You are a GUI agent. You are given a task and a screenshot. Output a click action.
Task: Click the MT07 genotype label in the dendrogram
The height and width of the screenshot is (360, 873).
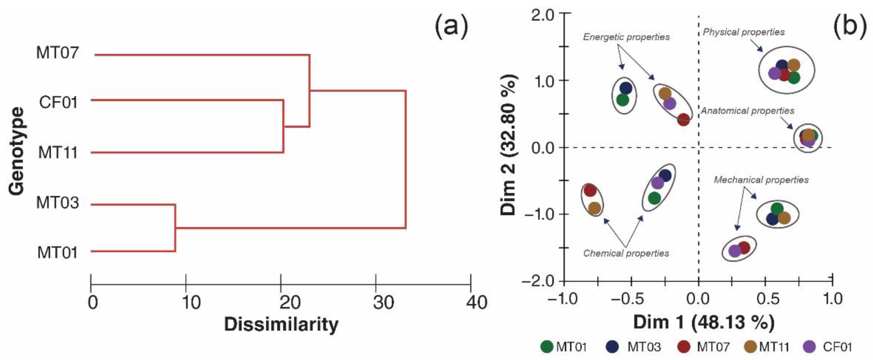click(57, 53)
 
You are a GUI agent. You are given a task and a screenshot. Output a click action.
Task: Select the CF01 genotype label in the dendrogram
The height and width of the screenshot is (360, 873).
click(58, 102)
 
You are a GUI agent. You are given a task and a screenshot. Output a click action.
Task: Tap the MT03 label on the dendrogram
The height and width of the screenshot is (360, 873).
click(57, 203)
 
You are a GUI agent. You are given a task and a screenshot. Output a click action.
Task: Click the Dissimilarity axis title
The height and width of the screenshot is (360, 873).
click(281, 324)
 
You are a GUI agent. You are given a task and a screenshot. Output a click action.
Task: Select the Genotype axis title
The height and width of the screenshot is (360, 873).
click(17, 151)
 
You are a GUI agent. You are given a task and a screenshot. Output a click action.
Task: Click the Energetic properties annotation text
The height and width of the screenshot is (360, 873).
click(626, 37)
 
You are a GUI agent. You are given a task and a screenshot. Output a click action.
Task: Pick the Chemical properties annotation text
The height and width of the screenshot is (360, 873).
click(626, 253)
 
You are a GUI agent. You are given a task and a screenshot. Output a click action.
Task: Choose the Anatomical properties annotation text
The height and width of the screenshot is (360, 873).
click(747, 111)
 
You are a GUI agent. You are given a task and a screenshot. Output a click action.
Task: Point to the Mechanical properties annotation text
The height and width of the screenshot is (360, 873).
click(761, 180)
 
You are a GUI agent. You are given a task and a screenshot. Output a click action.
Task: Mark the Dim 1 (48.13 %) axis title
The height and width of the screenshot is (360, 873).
click(704, 322)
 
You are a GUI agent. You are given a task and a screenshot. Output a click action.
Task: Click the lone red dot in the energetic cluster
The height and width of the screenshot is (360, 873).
click(683, 119)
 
